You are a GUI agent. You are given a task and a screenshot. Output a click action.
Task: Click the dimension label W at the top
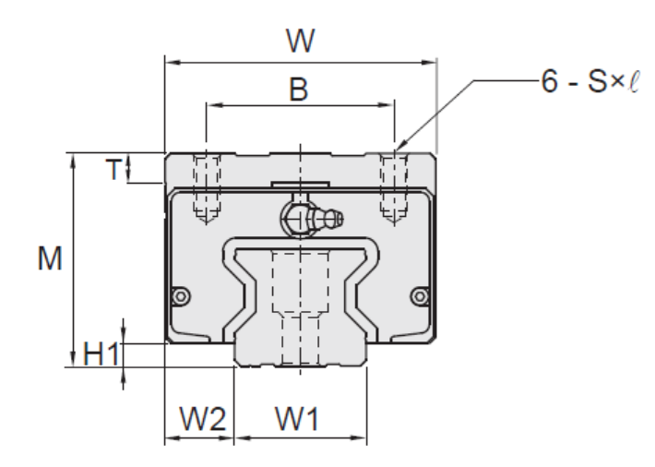point(299,41)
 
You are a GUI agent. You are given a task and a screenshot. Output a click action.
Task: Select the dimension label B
point(298,89)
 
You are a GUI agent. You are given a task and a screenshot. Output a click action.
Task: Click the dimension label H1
point(99,354)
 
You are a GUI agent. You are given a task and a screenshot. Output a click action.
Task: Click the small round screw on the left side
point(181,295)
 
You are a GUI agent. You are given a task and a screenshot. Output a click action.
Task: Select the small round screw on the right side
point(421,295)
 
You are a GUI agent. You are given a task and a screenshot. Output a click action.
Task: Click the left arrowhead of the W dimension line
point(170,64)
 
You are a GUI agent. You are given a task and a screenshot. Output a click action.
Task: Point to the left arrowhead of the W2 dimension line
point(170,437)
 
